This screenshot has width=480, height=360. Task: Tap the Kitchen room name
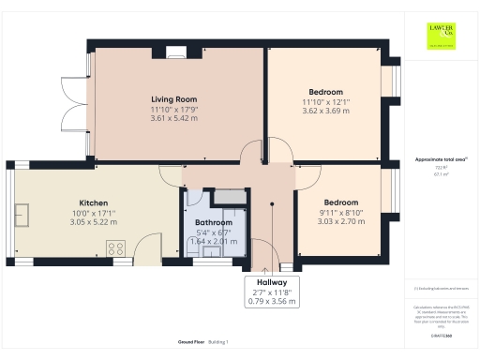(x=93, y=202)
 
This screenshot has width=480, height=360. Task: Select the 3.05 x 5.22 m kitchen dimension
(x=93, y=221)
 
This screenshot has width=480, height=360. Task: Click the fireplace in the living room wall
(x=176, y=52)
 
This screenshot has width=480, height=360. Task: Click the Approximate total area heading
(x=442, y=160)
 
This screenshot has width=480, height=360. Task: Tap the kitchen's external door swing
(x=144, y=247)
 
